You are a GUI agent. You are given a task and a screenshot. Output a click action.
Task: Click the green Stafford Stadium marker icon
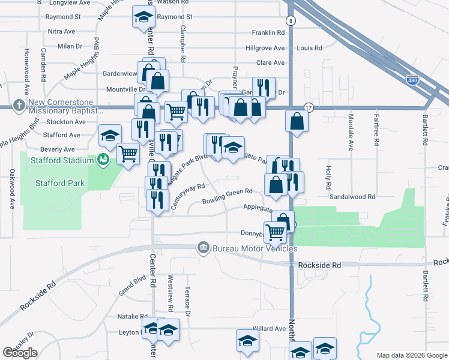103,160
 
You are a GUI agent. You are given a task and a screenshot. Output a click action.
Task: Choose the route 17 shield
309,107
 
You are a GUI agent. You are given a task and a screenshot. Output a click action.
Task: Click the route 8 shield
291,20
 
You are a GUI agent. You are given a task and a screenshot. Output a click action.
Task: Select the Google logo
20,353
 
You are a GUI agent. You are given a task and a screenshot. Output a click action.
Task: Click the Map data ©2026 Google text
412,355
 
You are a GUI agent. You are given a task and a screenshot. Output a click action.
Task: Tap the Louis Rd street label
310,47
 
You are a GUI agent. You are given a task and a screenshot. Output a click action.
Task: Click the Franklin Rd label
268,32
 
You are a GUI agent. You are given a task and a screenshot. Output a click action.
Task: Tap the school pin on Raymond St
143,18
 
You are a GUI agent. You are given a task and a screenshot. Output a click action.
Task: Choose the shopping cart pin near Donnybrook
276,232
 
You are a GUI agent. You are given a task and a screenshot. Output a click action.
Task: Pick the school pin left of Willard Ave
245,341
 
